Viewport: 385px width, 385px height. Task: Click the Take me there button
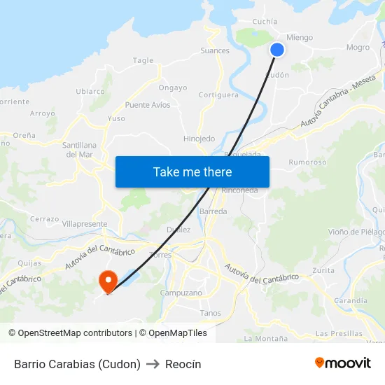(192, 171)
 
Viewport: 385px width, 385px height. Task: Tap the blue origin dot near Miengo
(277, 49)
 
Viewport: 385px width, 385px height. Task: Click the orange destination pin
(108, 282)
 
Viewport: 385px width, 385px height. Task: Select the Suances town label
(215, 50)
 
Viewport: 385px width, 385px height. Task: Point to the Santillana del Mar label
(78, 149)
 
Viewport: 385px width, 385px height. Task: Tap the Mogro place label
(358, 48)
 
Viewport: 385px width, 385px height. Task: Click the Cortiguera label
(218, 94)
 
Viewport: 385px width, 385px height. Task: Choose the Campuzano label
(181, 293)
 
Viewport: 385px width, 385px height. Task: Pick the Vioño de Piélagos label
(356, 232)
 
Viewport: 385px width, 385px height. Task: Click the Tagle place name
(143, 60)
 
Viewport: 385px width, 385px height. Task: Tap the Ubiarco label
(90, 91)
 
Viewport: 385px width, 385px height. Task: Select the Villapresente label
(85, 224)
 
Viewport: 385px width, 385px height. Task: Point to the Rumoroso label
(307, 162)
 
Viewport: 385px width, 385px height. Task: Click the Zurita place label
(323, 269)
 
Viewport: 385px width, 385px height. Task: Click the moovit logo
(343, 363)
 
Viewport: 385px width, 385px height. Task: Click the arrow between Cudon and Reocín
(152, 364)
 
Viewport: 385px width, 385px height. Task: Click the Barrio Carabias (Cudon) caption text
(77, 364)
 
